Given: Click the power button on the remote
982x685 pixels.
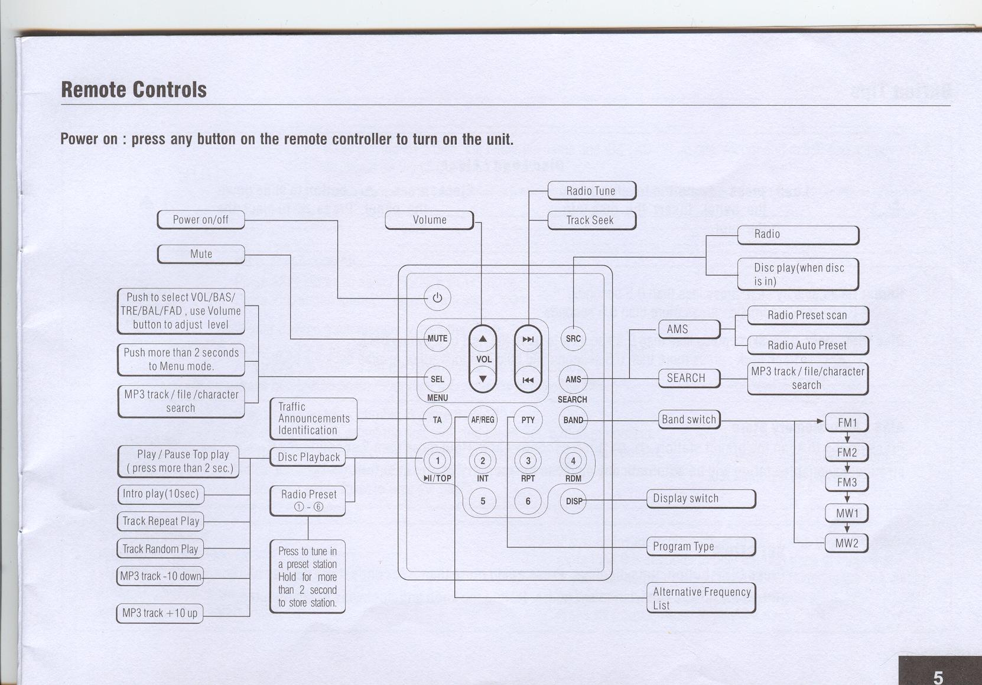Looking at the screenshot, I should coord(437,298).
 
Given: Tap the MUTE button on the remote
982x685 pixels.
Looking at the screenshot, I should coord(437,339).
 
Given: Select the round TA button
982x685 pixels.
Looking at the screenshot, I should coord(437,420).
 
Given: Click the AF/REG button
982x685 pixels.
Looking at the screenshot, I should coord(482,420).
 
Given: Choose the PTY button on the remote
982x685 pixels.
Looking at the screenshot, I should coord(528,420).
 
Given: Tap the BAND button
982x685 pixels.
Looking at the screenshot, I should coord(573,420).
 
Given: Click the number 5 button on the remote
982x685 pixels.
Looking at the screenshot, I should coord(483,501).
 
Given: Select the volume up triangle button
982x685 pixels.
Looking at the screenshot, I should coord(483,339).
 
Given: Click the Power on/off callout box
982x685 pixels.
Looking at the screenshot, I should coord(201,220).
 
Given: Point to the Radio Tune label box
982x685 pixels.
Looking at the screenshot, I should coord(591,191).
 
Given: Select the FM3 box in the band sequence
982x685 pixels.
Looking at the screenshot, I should coord(847,482).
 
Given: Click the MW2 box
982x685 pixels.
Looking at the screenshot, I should coord(847,543).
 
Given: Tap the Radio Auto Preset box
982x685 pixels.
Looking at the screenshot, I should coord(807,345).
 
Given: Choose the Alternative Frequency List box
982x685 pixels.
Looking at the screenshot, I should coord(701,598).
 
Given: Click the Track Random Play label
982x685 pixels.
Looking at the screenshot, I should coord(160,549).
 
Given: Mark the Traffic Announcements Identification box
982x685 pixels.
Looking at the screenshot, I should coord(314,419).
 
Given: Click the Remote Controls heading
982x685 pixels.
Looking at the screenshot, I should coord(134,90).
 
